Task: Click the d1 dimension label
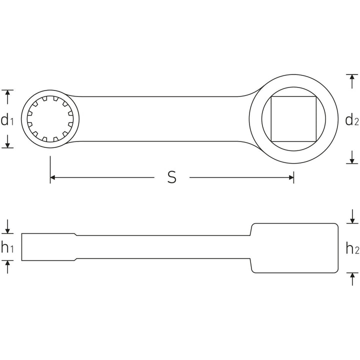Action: [7, 119]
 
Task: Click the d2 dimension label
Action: [352, 119]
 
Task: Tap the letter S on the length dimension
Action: [171, 177]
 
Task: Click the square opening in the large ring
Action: [293, 119]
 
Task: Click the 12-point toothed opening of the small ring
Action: [50, 119]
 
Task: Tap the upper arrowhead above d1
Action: [7, 93]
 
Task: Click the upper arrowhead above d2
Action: [352, 78]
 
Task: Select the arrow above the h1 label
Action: [7, 229]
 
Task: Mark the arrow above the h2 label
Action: [352, 219]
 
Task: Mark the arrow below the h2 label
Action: [352, 276]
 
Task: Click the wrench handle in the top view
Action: [165, 118]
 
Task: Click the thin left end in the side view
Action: [47, 246]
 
